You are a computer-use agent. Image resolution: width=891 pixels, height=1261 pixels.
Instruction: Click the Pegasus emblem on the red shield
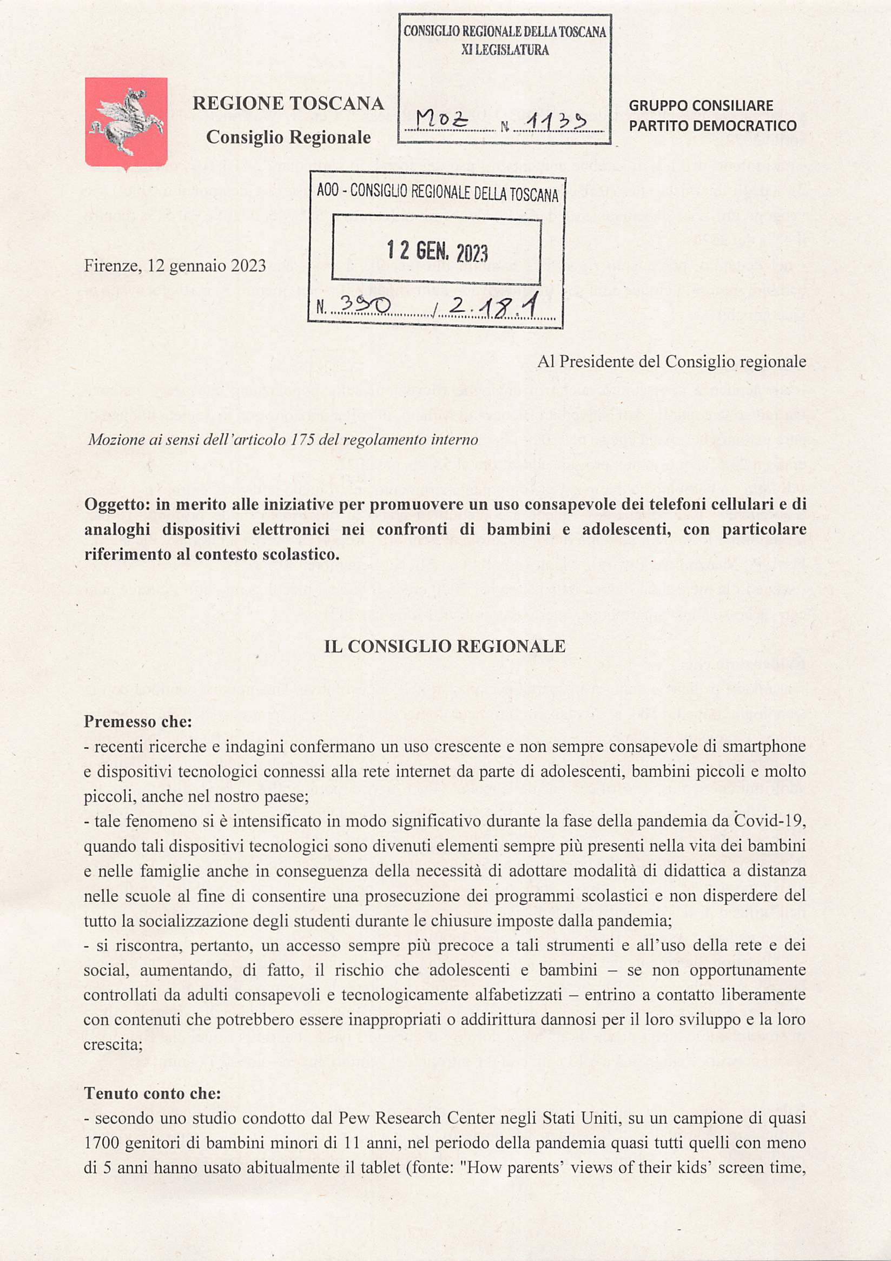tap(126, 121)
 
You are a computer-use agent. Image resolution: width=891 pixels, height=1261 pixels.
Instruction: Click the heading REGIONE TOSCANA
tap(288, 103)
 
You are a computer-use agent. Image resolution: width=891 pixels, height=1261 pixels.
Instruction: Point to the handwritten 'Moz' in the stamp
tap(441, 118)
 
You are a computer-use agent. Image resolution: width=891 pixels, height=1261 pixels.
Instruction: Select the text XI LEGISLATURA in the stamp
tap(505, 50)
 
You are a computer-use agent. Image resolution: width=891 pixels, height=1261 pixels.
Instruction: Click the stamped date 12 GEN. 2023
tap(437, 251)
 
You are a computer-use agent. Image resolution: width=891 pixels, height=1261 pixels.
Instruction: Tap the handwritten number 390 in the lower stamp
tap(365, 305)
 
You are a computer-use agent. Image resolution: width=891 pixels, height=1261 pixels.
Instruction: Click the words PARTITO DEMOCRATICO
tap(712, 126)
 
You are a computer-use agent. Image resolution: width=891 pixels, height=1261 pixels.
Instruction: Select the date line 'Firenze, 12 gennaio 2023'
tap(175, 266)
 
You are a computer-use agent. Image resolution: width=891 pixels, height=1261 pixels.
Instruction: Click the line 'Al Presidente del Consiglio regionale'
tap(671, 361)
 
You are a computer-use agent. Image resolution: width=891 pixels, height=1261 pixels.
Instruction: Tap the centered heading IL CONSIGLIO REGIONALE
tap(444, 646)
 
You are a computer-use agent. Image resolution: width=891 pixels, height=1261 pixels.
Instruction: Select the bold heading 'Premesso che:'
tap(138, 722)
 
